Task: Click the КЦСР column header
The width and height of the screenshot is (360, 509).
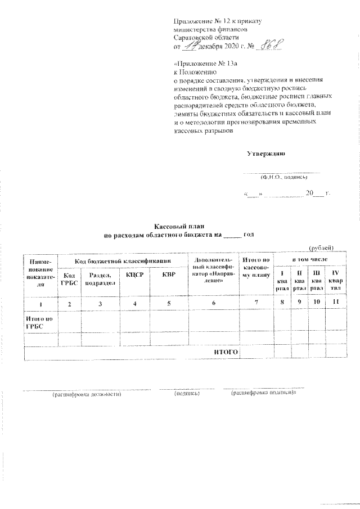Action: point(136,275)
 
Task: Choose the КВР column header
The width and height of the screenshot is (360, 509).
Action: point(168,275)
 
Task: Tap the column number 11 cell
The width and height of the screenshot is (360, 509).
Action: point(336,304)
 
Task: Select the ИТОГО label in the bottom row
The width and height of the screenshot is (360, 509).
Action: point(226,352)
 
